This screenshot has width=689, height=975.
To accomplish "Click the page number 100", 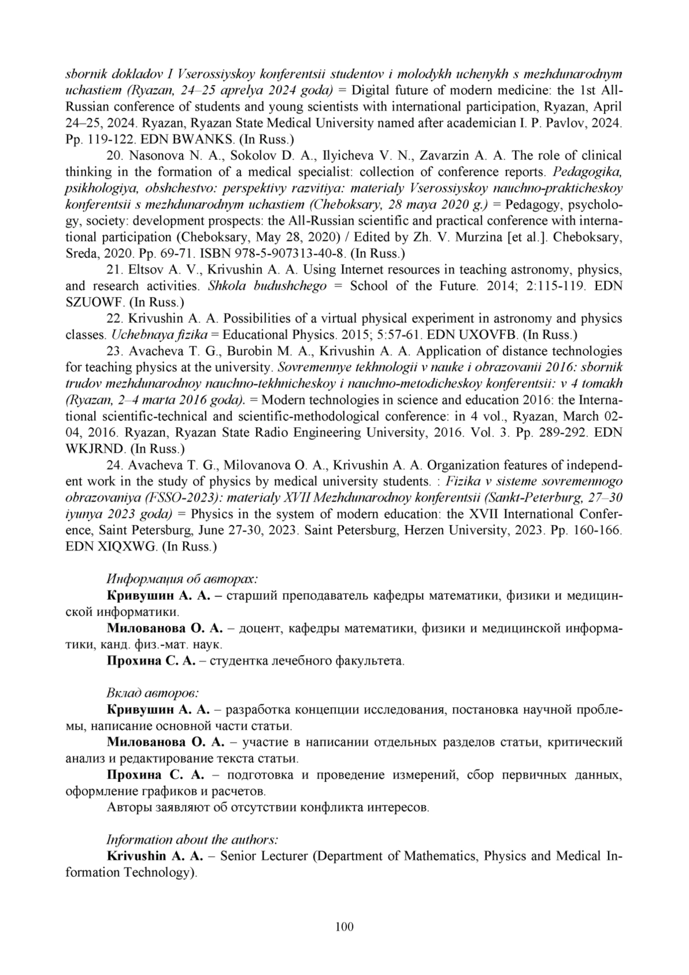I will click(344, 926).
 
